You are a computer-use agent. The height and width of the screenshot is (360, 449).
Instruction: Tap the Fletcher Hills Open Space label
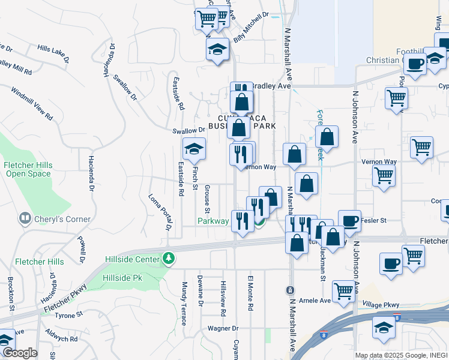tap(28, 170)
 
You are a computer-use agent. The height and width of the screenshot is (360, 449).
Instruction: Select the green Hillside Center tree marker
tap(170, 259)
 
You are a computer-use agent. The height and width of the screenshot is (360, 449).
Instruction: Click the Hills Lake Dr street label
tap(53, 53)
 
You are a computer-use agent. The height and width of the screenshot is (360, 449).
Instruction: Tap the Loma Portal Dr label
tap(160, 212)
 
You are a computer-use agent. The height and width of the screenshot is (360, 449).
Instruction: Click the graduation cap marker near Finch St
tap(194, 149)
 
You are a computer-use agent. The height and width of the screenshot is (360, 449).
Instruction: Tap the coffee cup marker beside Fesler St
tap(349, 221)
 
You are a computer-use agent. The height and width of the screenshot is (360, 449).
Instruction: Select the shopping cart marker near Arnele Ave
tap(344, 291)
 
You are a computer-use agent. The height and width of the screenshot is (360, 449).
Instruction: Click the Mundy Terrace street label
tap(185, 301)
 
